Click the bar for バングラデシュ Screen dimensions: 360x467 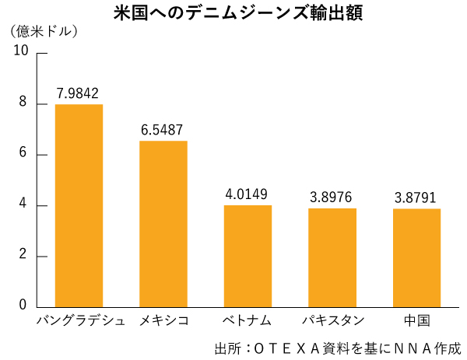(79, 205)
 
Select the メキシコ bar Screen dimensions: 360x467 (163, 224)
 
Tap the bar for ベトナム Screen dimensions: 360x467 (248, 256)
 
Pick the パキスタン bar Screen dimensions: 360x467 (332, 257)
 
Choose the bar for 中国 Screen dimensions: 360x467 (416, 257)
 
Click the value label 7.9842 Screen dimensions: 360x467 (78, 94)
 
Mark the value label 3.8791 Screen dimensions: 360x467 (416, 198)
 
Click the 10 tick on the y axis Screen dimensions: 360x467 (20, 51)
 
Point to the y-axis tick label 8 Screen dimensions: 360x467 (23, 103)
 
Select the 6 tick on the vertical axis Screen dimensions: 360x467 (23, 154)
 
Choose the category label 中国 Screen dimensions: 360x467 (417, 321)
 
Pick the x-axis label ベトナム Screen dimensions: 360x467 (248, 321)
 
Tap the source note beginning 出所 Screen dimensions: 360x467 (338, 348)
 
